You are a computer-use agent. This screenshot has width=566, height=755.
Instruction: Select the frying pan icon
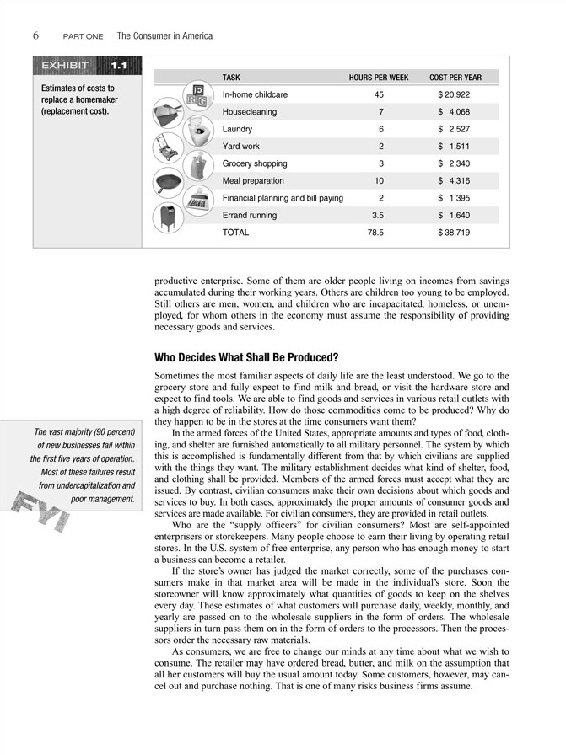pyautogui.click(x=169, y=183)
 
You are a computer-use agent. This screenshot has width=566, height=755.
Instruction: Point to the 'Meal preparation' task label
pyautogui.click(x=253, y=181)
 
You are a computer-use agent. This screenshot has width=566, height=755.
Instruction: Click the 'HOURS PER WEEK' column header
pyautogui.click(x=378, y=78)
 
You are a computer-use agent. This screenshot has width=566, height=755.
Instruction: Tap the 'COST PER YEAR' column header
pyautogui.click(x=455, y=78)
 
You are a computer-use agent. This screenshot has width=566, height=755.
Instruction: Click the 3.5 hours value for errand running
pyautogui.click(x=378, y=216)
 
